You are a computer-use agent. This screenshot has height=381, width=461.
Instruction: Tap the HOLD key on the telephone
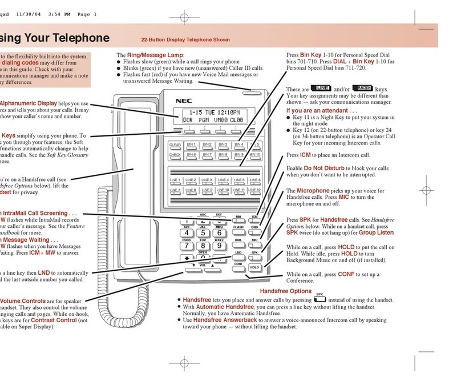(x=254, y=267)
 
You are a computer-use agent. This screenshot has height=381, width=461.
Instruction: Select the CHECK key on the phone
(x=175, y=155)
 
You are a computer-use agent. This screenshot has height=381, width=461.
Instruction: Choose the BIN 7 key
(x=207, y=155)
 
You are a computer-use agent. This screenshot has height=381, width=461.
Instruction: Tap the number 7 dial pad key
(x=186, y=246)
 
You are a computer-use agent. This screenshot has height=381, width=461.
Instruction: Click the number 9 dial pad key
(x=219, y=246)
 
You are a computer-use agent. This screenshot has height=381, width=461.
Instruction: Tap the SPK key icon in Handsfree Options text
(x=320, y=299)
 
